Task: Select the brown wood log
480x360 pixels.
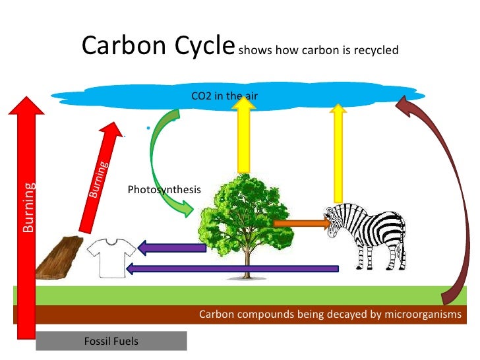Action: pos(58,258)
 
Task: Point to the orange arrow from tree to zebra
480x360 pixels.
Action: pos(301,224)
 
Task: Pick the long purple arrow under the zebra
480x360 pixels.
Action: pos(231,268)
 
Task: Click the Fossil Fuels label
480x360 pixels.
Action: pos(111,341)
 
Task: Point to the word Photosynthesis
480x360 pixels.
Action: pos(164,190)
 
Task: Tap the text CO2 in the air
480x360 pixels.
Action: pos(224,96)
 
